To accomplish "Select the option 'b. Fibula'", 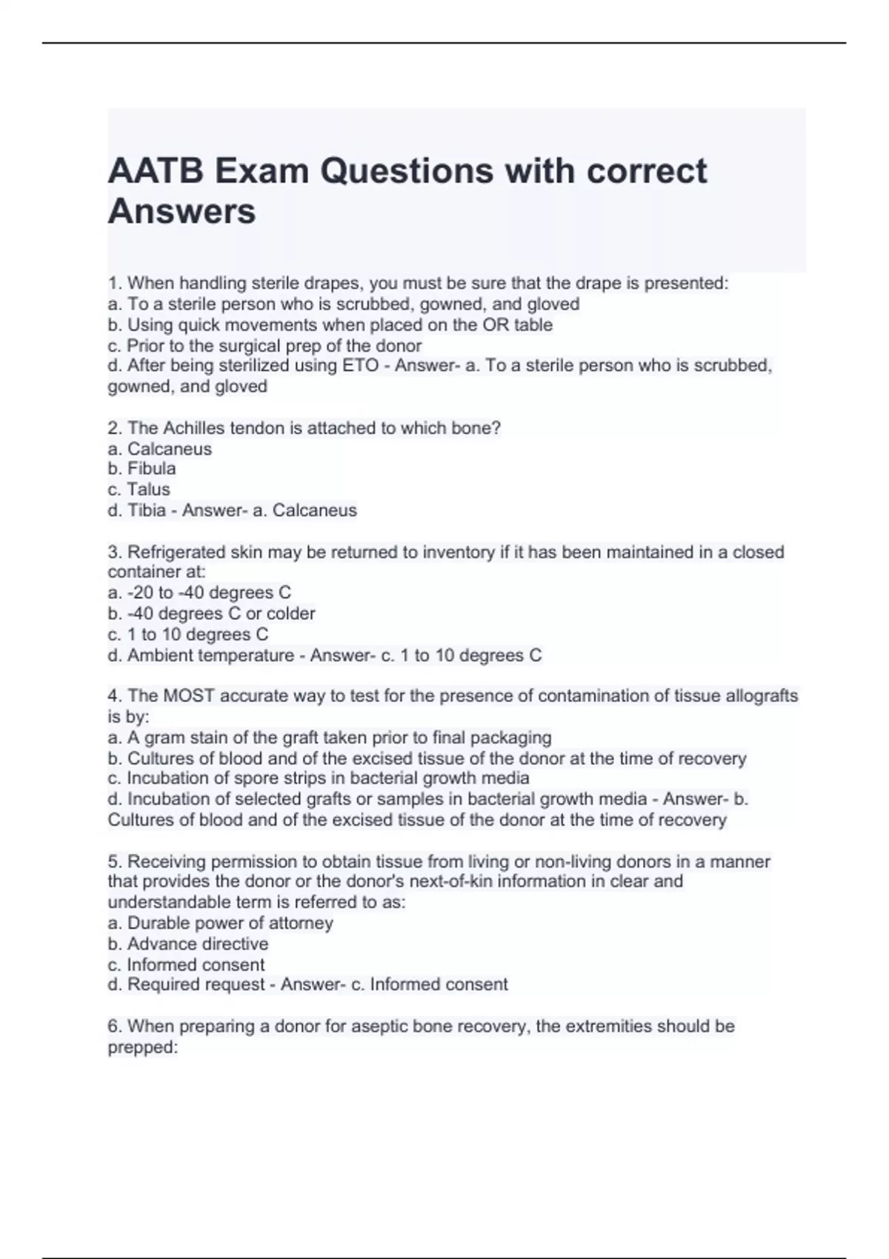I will point(141,469).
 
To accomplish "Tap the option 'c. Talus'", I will point(139,490).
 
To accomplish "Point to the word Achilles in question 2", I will point(194,428).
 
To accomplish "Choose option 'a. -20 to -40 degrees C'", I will point(199,593).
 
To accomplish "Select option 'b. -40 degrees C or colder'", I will point(211,614).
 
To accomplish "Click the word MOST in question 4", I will point(188,696).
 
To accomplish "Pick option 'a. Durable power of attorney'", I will point(220,924).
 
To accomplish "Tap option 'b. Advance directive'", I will point(187,944).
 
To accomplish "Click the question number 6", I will point(113,1026).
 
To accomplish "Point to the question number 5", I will point(113,862).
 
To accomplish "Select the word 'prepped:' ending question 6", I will point(143,1048).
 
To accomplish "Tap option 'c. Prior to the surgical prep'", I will point(264,346).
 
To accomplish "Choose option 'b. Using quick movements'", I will point(330,325).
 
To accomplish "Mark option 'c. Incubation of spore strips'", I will point(318,778).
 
